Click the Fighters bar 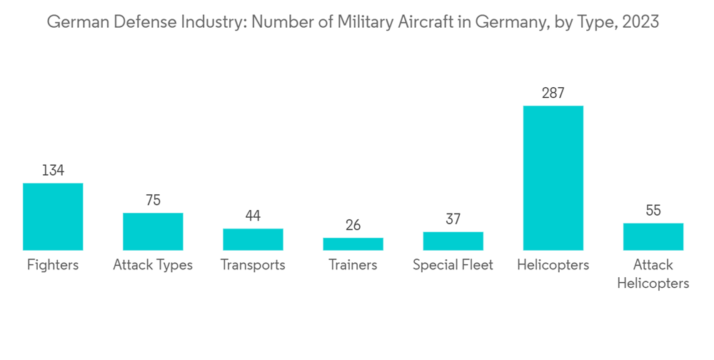coord(53,217)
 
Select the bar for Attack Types coord(153,231)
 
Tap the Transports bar coord(253,239)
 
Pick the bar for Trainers coord(353,244)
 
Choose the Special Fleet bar coord(453,241)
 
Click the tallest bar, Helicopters coord(553,178)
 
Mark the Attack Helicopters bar coord(653,236)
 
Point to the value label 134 coord(53,171)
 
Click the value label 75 coord(153,200)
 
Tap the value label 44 coord(253,216)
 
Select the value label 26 coord(353,225)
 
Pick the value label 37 coord(453,219)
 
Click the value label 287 coord(553,93)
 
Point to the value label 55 coord(653,210)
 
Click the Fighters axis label coord(53,265)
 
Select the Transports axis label coord(253,265)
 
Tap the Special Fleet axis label coord(453,265)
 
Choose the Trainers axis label coord(353,265)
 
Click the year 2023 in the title coord(640,22)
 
